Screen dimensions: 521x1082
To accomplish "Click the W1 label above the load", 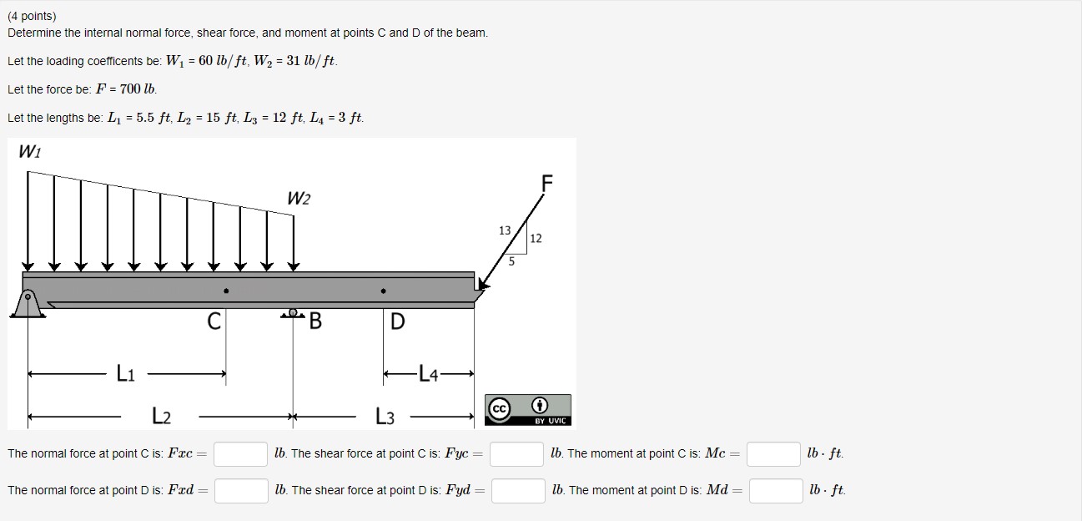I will tap(28, 153).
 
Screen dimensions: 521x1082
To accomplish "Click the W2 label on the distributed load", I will tap(298, 199).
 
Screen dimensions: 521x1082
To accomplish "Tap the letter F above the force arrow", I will tap(547, 183).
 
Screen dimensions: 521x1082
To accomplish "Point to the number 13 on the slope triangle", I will tap(505, 230).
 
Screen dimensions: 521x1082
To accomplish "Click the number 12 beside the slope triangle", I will tap(536, 239).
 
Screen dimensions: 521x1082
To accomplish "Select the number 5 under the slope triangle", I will tap(512, 261).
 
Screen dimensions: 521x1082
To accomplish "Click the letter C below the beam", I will tap(214, 321).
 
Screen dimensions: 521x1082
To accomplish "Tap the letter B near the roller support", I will tap(315, 321).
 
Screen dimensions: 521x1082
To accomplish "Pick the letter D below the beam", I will tap(397, 321).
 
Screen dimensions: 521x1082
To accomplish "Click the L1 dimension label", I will tap(125, 375).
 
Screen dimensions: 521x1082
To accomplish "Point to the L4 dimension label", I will tap(427, 375).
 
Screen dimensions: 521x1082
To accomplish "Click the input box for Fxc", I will tap(240, 453).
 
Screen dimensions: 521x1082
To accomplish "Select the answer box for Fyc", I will tap(517, 453).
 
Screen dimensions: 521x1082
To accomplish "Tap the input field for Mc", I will tap(773, 453).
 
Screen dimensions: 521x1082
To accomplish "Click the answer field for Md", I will tap(775, 490).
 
